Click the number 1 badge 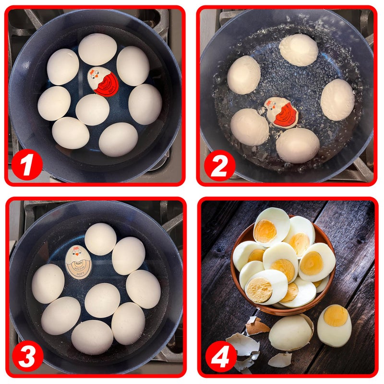(26, 165)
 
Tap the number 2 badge (219, 166)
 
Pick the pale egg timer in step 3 (78, 262)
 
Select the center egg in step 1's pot (93, 109)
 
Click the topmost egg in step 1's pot (97, 49)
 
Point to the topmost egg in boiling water (298, 50)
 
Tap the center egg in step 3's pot (102, 300)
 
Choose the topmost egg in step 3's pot (100, 239)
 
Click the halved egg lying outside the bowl (334, 325)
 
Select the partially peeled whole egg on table (291, 333)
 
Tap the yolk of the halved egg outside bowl (336, 316)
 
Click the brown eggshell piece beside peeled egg (257, 326)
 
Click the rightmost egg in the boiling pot (337, 99)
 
